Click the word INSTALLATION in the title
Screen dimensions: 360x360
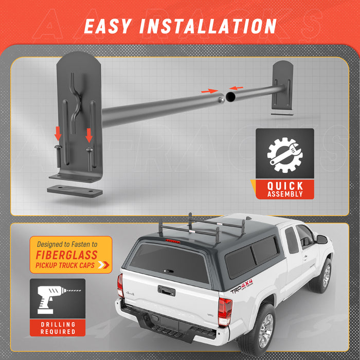point(211,26)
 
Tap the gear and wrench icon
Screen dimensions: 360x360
point(285,154)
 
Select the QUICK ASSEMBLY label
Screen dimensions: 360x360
point(285,190)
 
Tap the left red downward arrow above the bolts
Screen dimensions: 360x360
point(58,134)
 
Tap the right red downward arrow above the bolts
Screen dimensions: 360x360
point(89,135)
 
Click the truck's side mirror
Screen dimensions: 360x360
point(321,239)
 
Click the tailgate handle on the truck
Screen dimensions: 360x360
point(166,291)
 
